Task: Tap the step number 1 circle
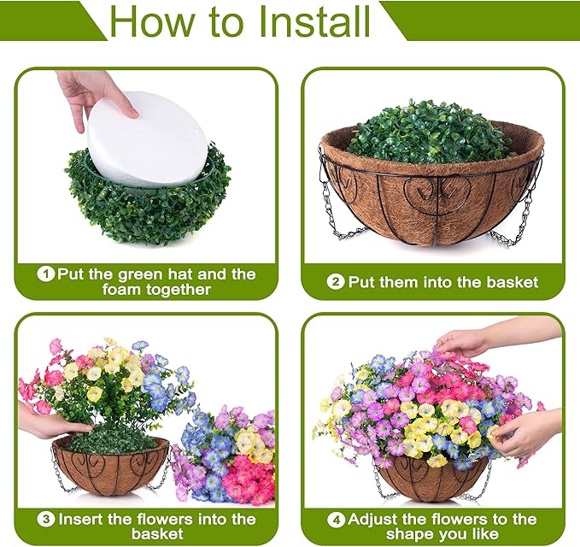(46, 274)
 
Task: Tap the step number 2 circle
(336, 282)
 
